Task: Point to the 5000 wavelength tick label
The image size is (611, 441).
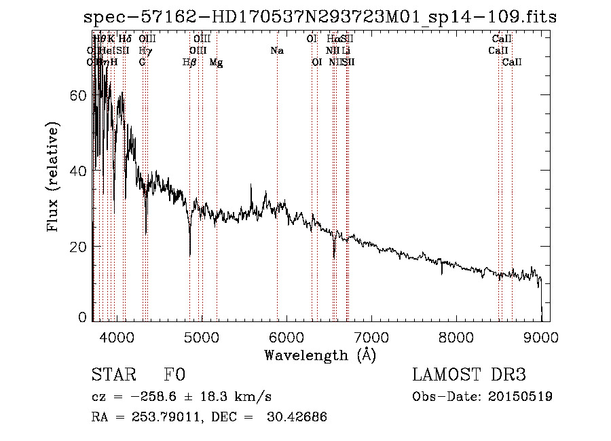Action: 201,336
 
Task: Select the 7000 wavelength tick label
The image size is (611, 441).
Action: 371,336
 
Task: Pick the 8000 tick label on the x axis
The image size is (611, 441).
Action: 456,336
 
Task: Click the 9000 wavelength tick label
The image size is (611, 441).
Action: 540,336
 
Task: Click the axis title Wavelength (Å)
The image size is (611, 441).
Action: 320,355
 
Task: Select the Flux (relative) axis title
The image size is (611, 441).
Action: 54,177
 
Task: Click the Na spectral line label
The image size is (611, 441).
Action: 277,51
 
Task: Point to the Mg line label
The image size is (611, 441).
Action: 216,63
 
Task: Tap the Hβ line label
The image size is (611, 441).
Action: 189,63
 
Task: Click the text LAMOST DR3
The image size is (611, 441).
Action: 469,376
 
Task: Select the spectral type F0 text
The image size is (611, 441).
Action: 174,376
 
